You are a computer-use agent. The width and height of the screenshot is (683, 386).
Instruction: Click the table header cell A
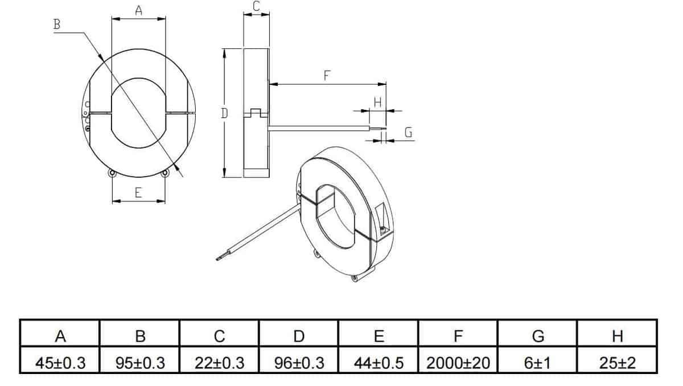(60, 336)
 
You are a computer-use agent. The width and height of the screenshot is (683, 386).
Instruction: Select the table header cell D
(298, 336)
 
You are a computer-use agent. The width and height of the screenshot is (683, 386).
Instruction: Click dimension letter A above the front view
(138, 10)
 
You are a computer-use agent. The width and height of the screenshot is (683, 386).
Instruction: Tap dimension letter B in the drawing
(56, 24)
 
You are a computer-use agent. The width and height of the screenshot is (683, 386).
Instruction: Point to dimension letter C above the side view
(256, 6)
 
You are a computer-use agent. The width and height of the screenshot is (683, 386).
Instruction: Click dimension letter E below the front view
(138, 193)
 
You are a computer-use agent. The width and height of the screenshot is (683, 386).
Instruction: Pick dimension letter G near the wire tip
(408, 132)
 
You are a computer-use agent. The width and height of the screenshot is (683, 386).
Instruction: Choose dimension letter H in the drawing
(377, 102)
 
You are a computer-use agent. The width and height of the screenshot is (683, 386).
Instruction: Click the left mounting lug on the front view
(112, 173)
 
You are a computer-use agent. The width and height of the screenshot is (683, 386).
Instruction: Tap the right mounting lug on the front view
(165, 173)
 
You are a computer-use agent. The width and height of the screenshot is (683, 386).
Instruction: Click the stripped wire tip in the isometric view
(219, 259)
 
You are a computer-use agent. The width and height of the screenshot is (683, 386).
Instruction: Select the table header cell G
(537, 336)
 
